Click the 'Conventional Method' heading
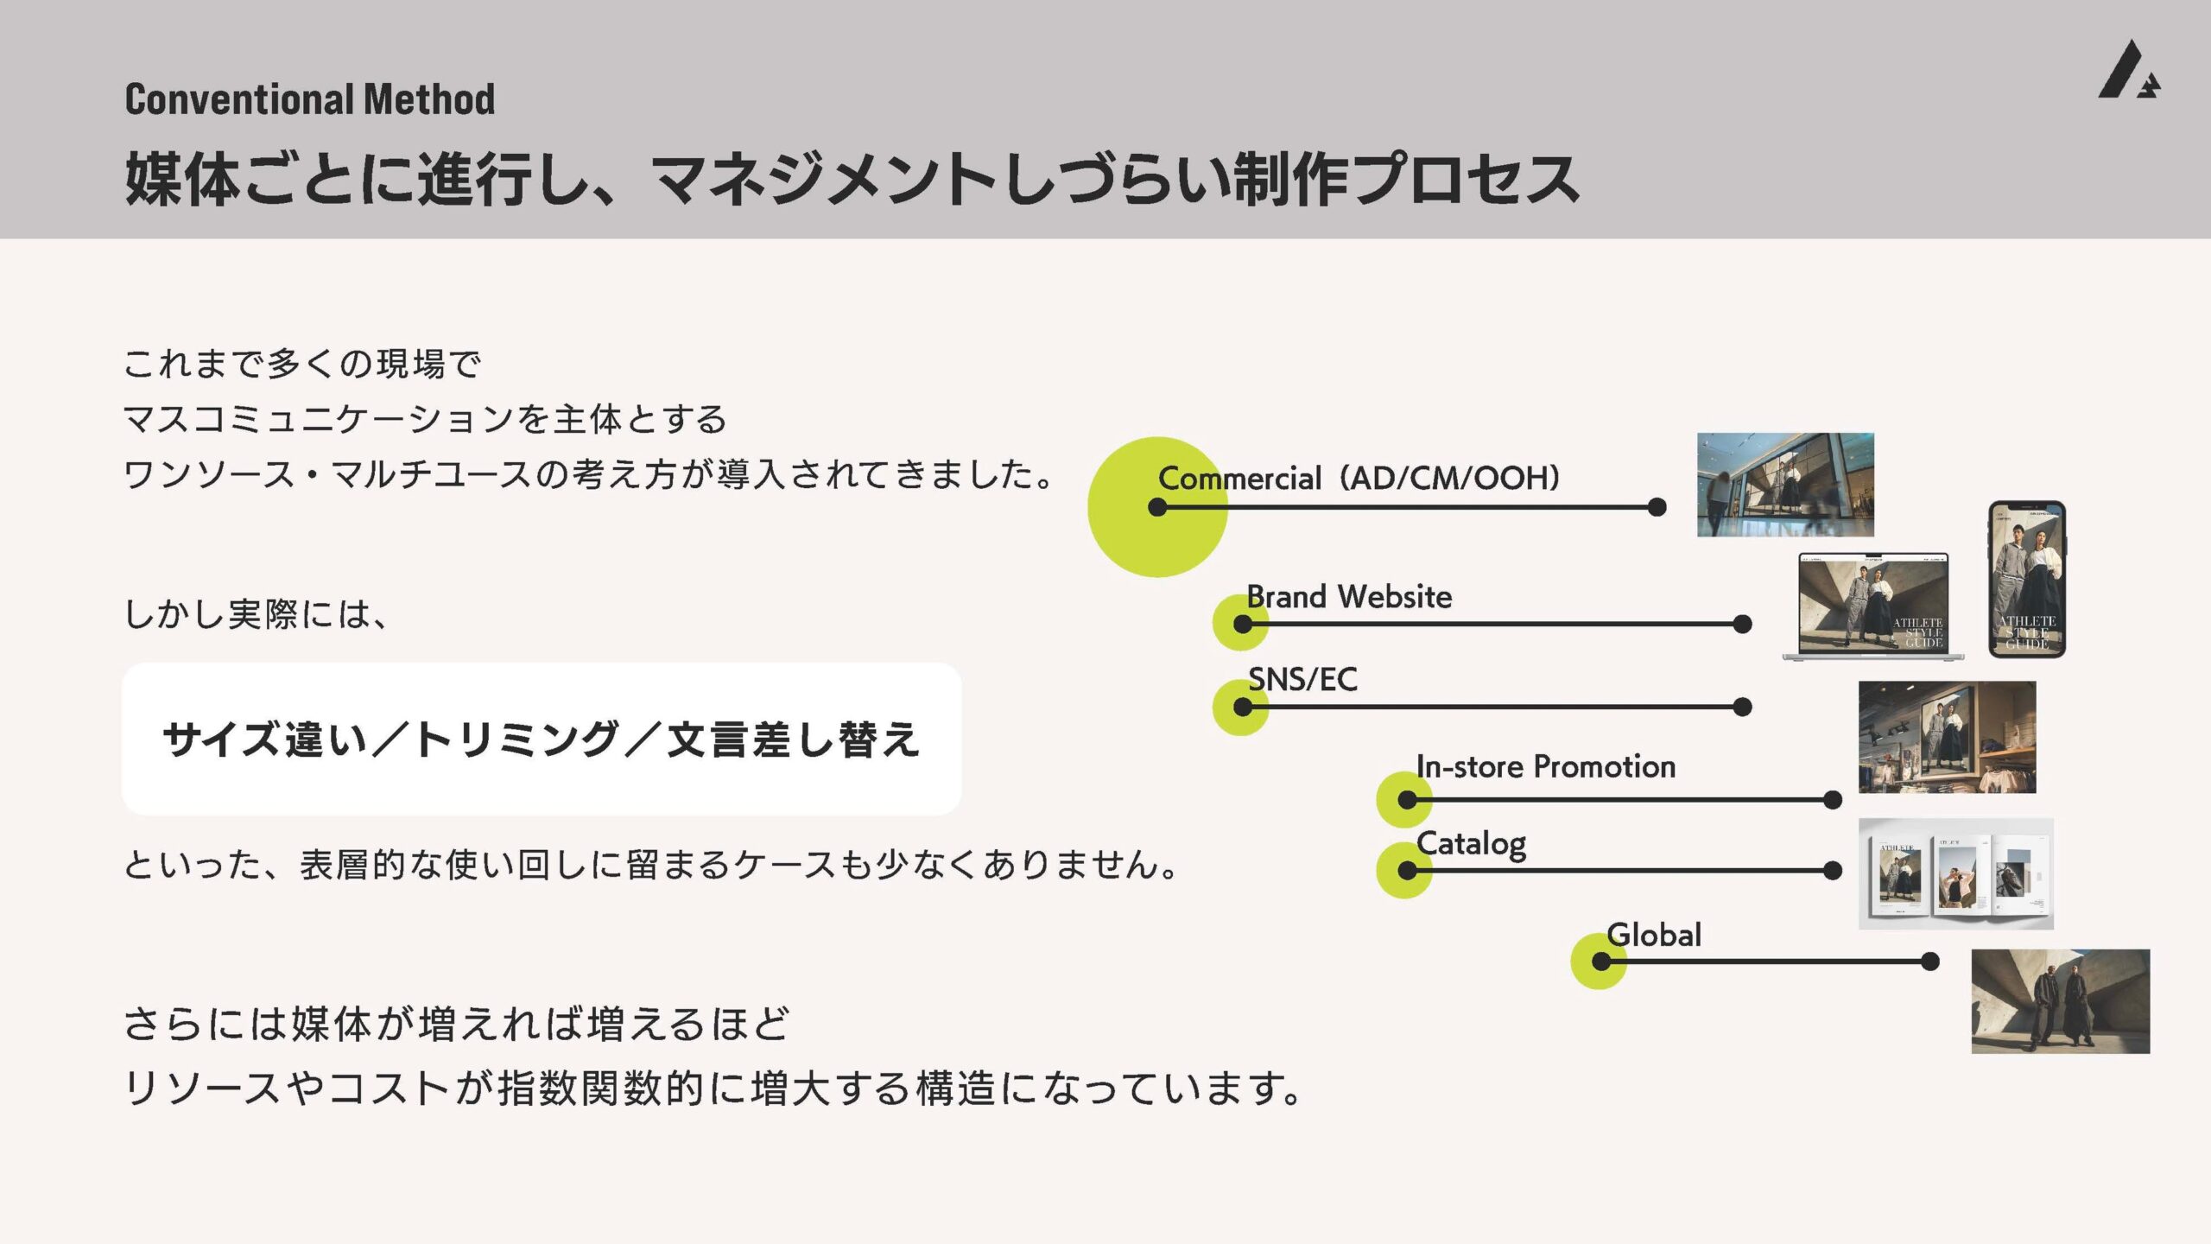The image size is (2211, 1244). click(x=309, y=98)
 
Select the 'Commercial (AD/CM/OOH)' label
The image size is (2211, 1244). click(x=1359, y=478)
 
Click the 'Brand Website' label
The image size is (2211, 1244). click(x=1349, y=596)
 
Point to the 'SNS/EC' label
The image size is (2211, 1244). click(x=1302, y=679)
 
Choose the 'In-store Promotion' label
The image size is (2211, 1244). click(x=1545, y=766)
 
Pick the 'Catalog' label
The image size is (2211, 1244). click(x=1471, y=843)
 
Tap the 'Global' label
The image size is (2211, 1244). click(x=1653, y=935)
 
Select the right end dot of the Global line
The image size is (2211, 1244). click(x=1930, y=962)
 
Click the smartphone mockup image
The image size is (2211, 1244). click(x=2027, y=580)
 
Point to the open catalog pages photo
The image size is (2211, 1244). click(x=1955, y=873)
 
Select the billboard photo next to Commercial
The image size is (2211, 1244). click(x=1785, y=485)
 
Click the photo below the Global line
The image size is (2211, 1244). click(x=2060, y=1001)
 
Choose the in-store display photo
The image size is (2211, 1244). click(x=1947, y=737)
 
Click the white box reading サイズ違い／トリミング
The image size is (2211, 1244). click(x=542, y=739)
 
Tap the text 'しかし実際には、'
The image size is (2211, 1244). click(x=257, y=614)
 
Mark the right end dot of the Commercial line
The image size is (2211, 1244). click(x=1657, y=507)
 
